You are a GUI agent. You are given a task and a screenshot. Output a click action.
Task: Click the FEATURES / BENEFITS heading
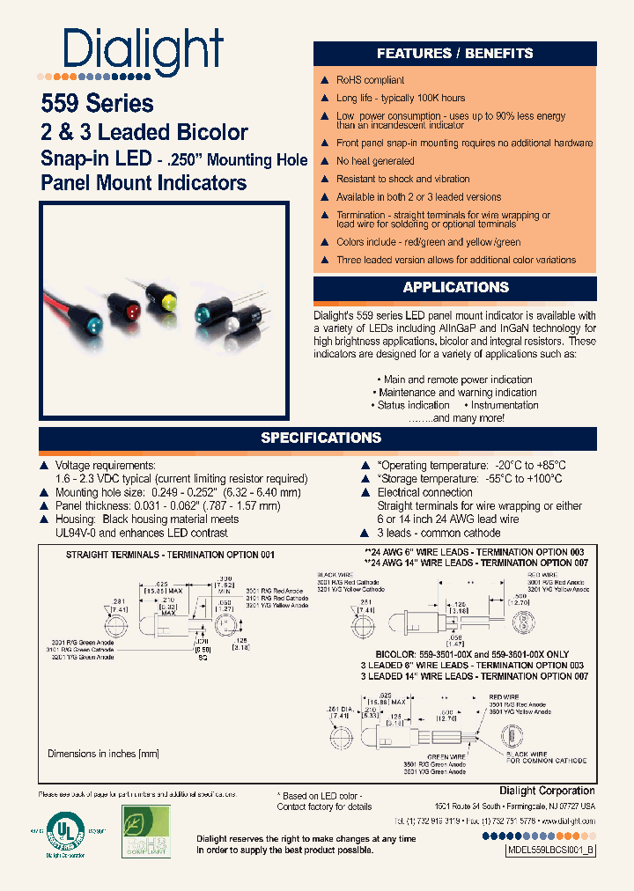(x=454, y=53)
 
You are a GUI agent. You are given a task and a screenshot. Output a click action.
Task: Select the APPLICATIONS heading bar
(x=455, y=287)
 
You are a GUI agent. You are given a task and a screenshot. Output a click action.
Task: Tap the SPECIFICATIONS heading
(x=321, y=438)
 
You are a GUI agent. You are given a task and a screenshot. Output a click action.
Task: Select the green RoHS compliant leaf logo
(x=146, y=831)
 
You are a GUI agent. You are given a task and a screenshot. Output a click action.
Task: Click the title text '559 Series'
(x=97, y=104)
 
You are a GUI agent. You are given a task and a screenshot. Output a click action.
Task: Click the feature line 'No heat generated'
(x=375, y=161)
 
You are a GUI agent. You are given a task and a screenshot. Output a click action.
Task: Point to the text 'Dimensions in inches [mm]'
(x=103, y=754)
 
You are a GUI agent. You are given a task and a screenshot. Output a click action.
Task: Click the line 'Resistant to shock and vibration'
(x=403, y=179)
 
